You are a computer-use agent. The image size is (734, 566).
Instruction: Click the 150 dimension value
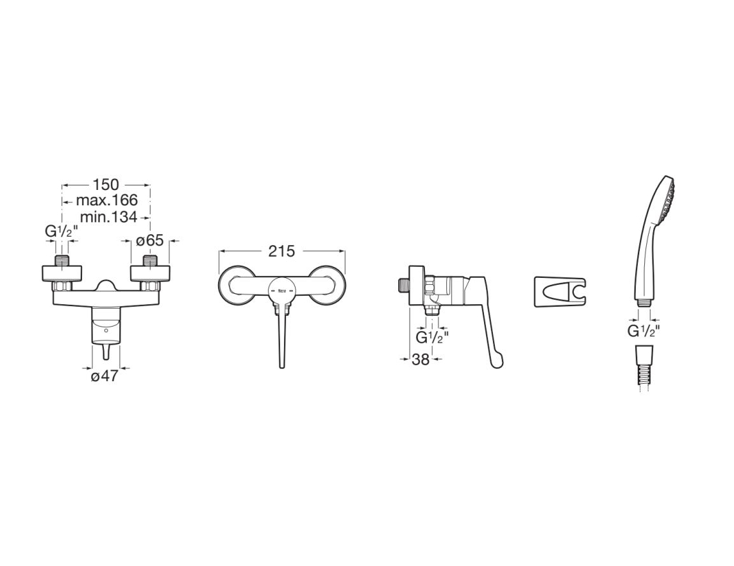(x=106, y=185)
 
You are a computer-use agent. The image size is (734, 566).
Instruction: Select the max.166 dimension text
(x=106, y=200)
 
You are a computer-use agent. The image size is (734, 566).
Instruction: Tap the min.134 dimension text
(x=108, y=217)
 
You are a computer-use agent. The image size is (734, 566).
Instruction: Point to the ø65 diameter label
(x=150, y=241)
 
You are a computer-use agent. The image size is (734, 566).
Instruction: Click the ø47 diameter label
(x=104, y=376)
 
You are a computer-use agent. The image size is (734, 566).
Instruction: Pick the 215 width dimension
(x=282, y=252)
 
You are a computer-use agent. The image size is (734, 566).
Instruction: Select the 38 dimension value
(x=421, y=359)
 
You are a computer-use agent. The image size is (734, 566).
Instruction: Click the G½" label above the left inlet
(x=62, y=231)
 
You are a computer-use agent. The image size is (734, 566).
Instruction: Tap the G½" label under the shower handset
(x=644, y=331)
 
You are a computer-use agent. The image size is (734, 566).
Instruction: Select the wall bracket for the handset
(x=560, y=292)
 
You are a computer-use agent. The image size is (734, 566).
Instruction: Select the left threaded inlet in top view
(x=62, y=261)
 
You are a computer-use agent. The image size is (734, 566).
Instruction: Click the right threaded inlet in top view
(x=150, y=261)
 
